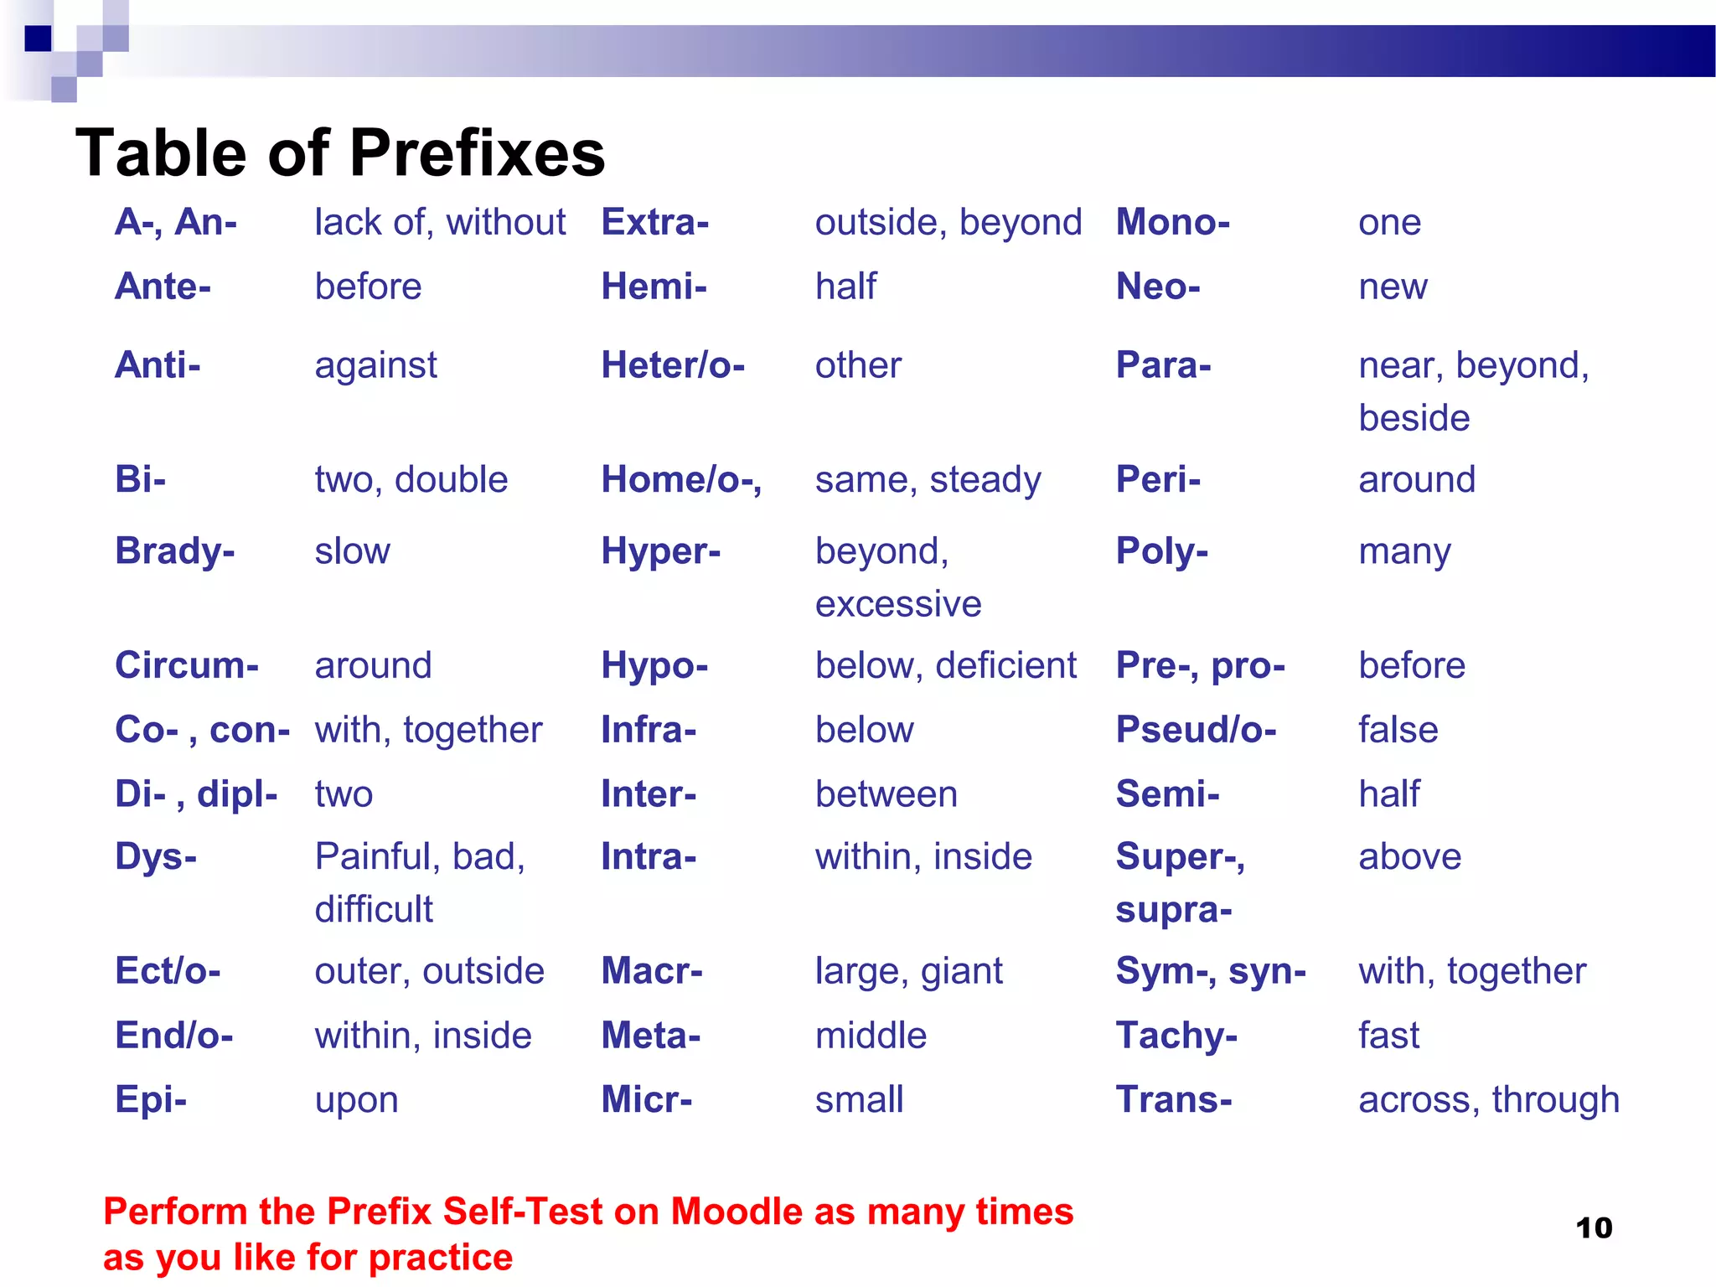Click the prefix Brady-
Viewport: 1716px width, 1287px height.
tap(174, 551)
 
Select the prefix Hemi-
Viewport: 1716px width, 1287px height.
tap(654, 287)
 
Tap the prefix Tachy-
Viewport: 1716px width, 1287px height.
tap(1176, 1036)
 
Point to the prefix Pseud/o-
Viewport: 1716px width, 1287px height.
tap(1196, 730)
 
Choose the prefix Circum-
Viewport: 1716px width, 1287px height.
tap(186, 665)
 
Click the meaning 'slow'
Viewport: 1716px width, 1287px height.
tap(352, 551)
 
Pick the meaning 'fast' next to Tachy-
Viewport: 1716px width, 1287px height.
tap(1388, 1036)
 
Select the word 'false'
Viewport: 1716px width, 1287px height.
tap(1398, 730)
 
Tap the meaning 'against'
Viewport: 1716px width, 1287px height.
tap(375, 365)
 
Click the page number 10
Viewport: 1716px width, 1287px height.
tap(1594, 1228)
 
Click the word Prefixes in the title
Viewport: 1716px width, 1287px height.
tap(477, 153)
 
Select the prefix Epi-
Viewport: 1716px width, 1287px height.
tap(151, 1099)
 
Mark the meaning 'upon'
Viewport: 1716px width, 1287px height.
tap(356, 1100)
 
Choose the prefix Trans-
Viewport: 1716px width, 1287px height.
tap(1173, 1099)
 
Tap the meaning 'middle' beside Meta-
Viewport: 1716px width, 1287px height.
tap(871, 1036)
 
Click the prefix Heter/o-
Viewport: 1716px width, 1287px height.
tap(672, 365)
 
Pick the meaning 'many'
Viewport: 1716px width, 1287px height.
tap(1404, 552)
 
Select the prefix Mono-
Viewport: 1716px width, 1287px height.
tap(1172, 222)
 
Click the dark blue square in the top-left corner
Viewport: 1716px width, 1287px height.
tap(38, 39)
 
